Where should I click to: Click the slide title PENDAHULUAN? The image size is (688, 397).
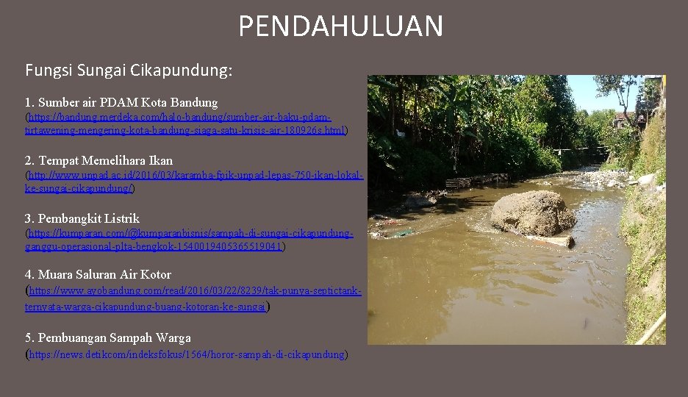pyautogui.click(x=340, y=26)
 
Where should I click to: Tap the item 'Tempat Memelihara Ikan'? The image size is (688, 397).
pyautogui.click(x=105, y=160)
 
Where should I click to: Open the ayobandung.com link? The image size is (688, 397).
pyautogui.click(x=195, y=291)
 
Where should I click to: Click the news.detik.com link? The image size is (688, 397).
pyautogui.click(x=187, y=354)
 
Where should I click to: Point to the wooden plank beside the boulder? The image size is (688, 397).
pyautogui.click(x=551, y=240)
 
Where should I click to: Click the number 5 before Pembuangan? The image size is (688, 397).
pyautogui.click(x=29, y=337)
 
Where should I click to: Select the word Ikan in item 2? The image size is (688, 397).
pyautogui.click(x=161, y=160)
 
